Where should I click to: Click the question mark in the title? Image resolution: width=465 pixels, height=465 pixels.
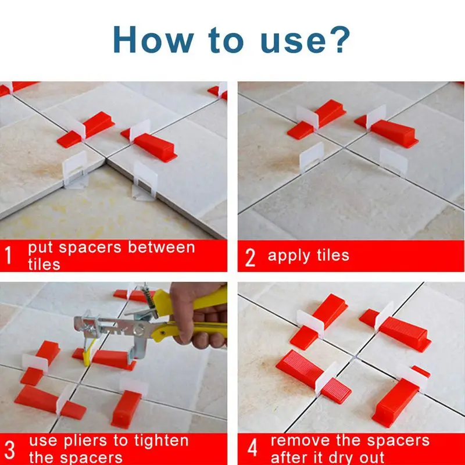(338, 40)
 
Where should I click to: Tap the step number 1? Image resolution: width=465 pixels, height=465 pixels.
(8, 255)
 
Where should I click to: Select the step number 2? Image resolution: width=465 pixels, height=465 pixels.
(250, 257)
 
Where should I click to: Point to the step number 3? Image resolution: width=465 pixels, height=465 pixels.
(9, 450)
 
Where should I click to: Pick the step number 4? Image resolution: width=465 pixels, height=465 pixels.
(252, 448)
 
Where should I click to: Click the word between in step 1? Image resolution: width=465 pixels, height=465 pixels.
(162, 248)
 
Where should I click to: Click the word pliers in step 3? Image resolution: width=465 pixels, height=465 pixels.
(85, 442)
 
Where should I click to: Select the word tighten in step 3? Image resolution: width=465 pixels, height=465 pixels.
(161, 441)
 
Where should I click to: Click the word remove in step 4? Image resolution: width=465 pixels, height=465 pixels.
(300, 441)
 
